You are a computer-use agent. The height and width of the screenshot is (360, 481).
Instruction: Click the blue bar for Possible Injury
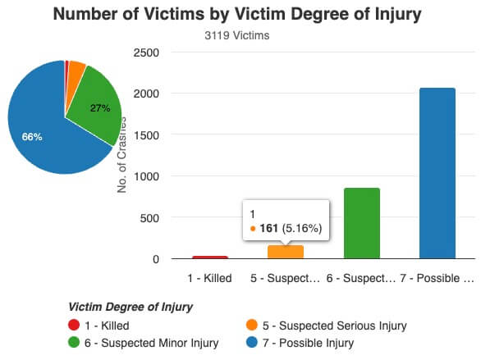coord(437,173)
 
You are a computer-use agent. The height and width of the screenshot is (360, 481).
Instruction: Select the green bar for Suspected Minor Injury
coord(361,223)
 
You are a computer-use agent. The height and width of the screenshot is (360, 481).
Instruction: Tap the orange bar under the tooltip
coord(285,252)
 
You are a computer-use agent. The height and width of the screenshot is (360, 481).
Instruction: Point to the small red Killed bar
coord(210,257)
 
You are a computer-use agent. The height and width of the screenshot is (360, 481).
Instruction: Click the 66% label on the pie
coord(33,136)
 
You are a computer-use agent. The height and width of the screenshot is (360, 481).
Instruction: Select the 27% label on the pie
coord(99,107)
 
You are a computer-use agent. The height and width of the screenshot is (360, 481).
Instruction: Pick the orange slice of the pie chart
coord(76,71)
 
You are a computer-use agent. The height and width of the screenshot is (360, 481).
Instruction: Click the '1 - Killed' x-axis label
coord(209,277)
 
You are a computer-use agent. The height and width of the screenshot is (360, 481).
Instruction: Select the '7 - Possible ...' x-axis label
coord(437,277)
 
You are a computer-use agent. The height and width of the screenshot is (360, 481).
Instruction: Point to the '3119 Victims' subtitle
coord(236,35)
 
